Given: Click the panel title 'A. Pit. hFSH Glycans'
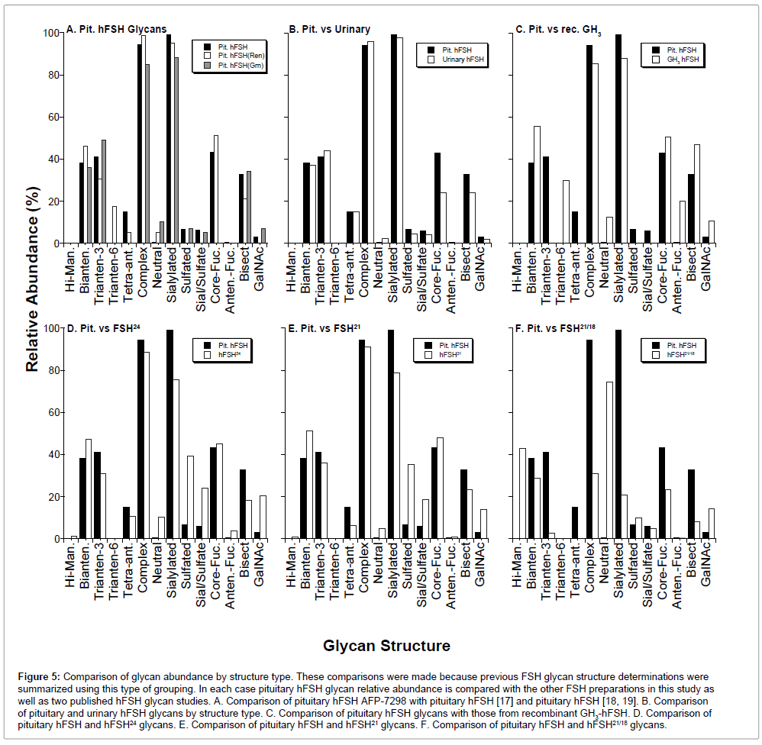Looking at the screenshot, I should click(116, 30).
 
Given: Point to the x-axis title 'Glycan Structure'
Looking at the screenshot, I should click(386, 646).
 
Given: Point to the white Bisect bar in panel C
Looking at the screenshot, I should click(697, 194).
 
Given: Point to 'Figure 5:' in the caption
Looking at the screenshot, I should click(39, 677).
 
